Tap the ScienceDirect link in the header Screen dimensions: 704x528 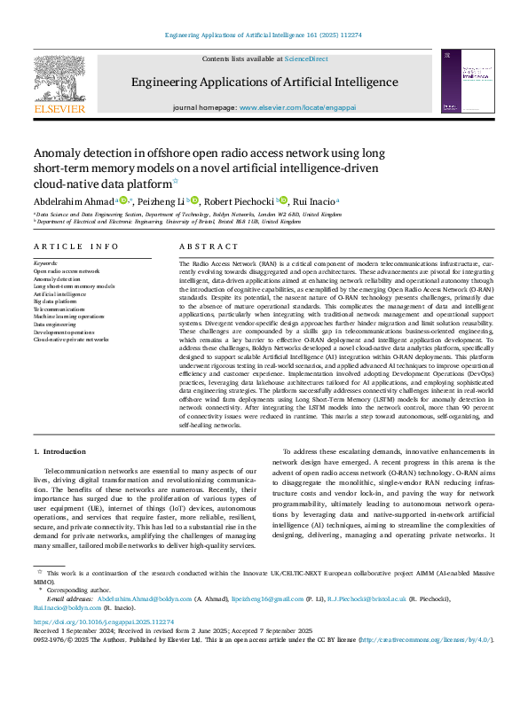(x=304, y=59)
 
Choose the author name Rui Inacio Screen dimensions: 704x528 (x=313, y=201)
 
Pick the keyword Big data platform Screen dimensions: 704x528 (x=56, y=301)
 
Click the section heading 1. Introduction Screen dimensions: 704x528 (x=59, y=451)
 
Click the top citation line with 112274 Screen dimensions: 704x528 (x=264, y=35)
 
